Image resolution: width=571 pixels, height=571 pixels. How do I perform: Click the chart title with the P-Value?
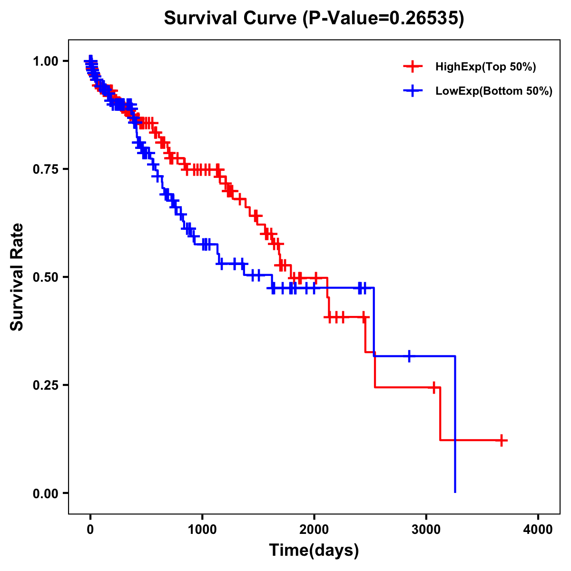point(314,19)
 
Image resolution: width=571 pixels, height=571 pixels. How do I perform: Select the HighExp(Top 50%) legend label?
point(485,67)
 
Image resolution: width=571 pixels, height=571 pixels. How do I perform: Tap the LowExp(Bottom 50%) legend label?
point(494,91)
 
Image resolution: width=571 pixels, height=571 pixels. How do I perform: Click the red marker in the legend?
point(413,67)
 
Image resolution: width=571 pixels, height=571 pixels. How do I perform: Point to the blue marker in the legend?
point(413,91)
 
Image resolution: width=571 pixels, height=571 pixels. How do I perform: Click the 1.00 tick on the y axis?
point(46,61)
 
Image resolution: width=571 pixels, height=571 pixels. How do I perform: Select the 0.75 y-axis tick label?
point(46,169)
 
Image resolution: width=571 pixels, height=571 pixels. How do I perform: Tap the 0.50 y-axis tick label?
point(46,277)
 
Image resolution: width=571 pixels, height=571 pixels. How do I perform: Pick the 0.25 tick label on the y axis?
point(46,385)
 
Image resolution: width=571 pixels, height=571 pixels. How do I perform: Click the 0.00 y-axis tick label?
point(46,493)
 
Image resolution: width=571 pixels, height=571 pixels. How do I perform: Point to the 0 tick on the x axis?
point(90,529)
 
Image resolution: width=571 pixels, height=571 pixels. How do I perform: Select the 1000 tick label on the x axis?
point(202,529)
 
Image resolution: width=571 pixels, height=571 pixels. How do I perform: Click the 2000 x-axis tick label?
point(314,529)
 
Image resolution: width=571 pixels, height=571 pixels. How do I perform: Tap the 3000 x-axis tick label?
point(426,529)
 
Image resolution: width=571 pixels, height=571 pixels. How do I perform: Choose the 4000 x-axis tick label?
point(538,529)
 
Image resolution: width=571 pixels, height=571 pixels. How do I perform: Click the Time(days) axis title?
point(314,551)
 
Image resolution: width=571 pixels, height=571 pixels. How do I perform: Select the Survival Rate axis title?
point(17,277)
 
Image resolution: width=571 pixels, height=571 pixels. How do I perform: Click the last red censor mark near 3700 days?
point(501,441)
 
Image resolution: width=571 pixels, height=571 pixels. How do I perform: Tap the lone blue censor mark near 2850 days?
point(409,356)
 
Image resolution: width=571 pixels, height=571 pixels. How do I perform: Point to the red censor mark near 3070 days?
point(434,387)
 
